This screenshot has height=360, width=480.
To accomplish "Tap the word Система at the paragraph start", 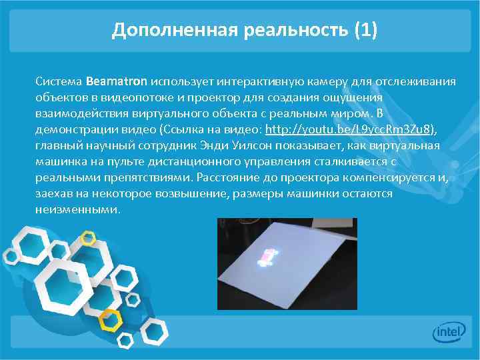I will point(59,82).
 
